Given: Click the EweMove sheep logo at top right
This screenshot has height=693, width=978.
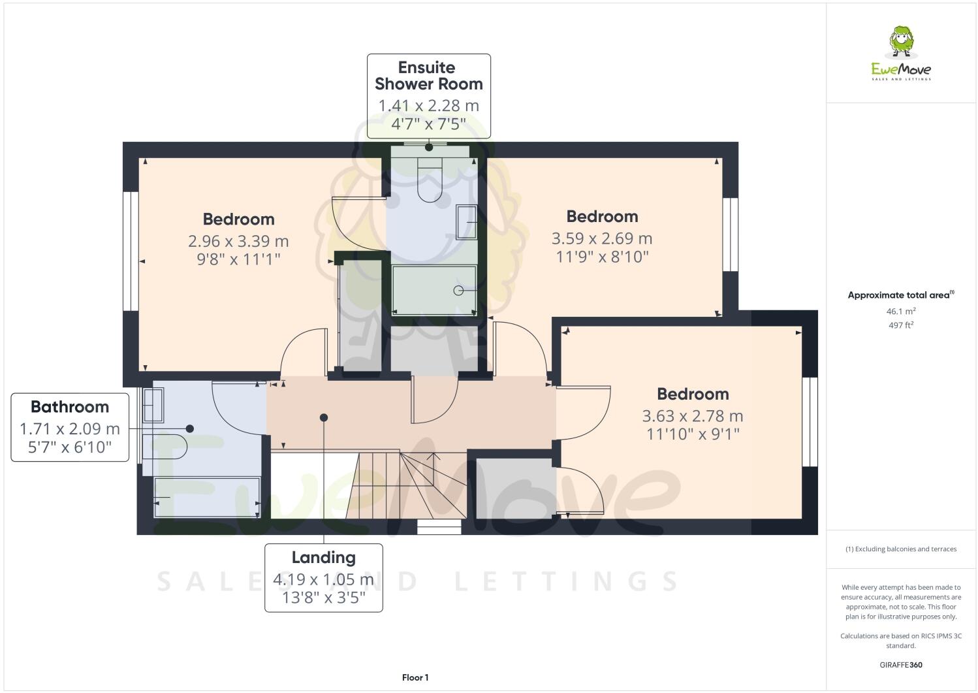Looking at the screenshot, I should (902, 42).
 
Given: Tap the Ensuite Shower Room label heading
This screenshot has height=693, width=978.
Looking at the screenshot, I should (428, 76).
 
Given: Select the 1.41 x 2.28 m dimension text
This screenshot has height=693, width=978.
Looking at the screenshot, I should (428, 105).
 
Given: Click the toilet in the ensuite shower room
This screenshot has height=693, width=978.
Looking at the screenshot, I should (430, 182).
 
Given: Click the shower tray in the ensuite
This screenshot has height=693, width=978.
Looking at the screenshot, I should (434, 289).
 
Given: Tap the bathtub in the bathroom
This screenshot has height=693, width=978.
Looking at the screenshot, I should (207, 497).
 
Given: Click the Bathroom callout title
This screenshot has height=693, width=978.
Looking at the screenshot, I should (70, 407).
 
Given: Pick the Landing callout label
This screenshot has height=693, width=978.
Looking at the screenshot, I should (323, 557).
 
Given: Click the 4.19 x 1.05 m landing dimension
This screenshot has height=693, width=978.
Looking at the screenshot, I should (323, 579).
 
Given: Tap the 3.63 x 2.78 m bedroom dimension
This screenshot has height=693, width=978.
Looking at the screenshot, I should (692, 416).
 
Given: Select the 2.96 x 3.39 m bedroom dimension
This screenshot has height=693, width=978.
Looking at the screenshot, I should (238, 241).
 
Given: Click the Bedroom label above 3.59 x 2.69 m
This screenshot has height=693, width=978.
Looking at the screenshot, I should (601, 216).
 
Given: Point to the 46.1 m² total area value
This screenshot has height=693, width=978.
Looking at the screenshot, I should (900, 312).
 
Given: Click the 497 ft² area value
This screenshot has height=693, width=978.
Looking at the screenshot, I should (900, 325).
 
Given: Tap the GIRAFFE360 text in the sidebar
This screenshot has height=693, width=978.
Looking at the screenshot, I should (900, 665).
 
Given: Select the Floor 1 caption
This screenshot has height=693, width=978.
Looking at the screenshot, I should (415, 677).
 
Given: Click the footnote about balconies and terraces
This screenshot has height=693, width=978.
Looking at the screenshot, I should (900, 549).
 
